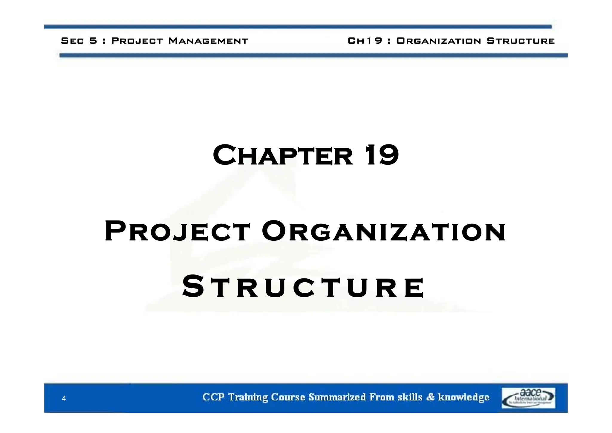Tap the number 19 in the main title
tap(382, 155)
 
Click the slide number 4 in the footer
tap(64, 398)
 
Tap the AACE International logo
tap(528, 398)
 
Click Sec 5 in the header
tap(79, 41)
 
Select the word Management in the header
tap(208, 41)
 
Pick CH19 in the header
tap(365, 41)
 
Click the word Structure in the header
tap(521, 41)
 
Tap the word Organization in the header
tap(438, 41)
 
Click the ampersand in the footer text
tap(430, 397)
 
